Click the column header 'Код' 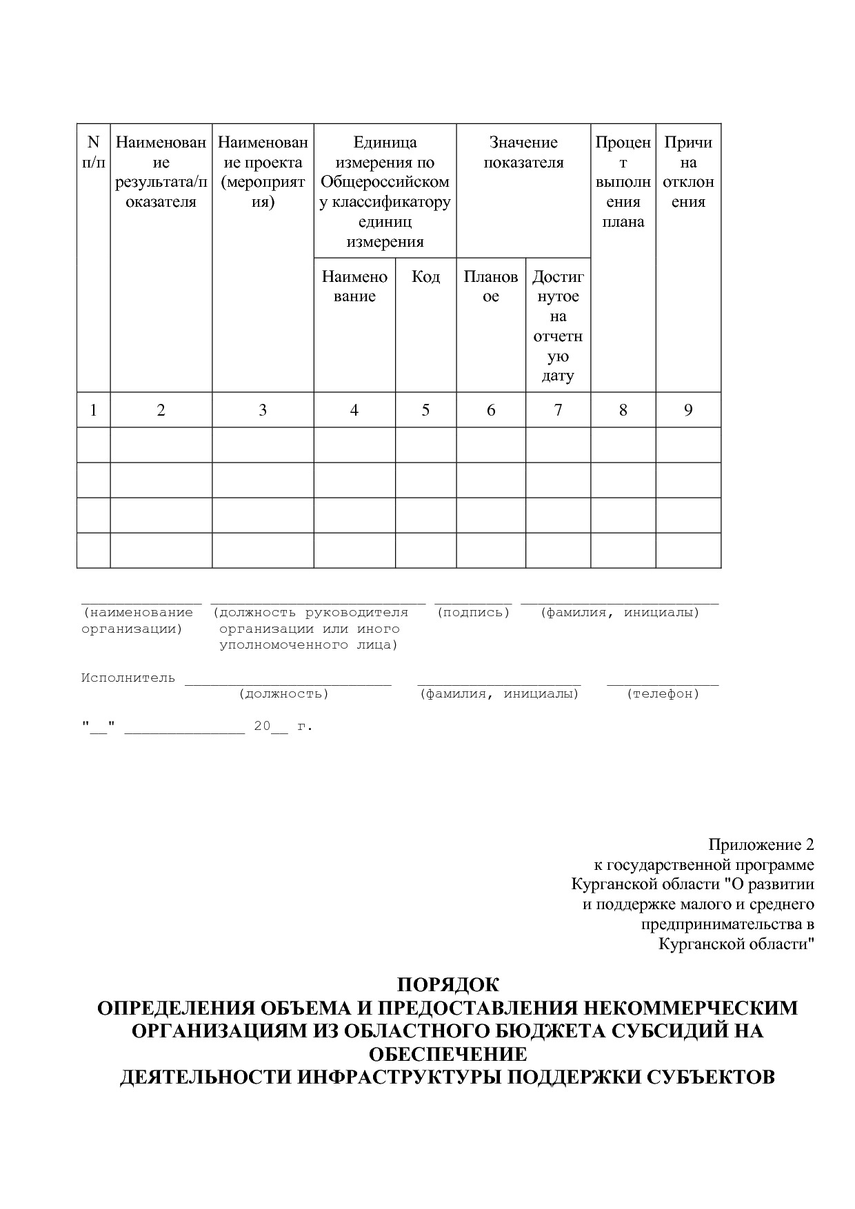point(425,277)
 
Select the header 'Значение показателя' point(523,152)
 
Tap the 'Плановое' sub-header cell point(490,287)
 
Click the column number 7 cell point(558,410)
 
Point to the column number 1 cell point(93,410)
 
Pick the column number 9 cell point(687,410)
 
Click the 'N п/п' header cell point(93,152)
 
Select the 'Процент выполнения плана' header point(623,182)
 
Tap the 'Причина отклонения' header point(687,172)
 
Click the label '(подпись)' point(473,613)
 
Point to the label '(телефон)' point(663,694)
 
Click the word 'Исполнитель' point(128,678)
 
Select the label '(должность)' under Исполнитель point(283,694)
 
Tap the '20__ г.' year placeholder point(283,727)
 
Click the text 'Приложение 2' point(761,845)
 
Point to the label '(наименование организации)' point(137,620)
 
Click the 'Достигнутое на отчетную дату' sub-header point(558,326)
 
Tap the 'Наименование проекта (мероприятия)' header point(263,172)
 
